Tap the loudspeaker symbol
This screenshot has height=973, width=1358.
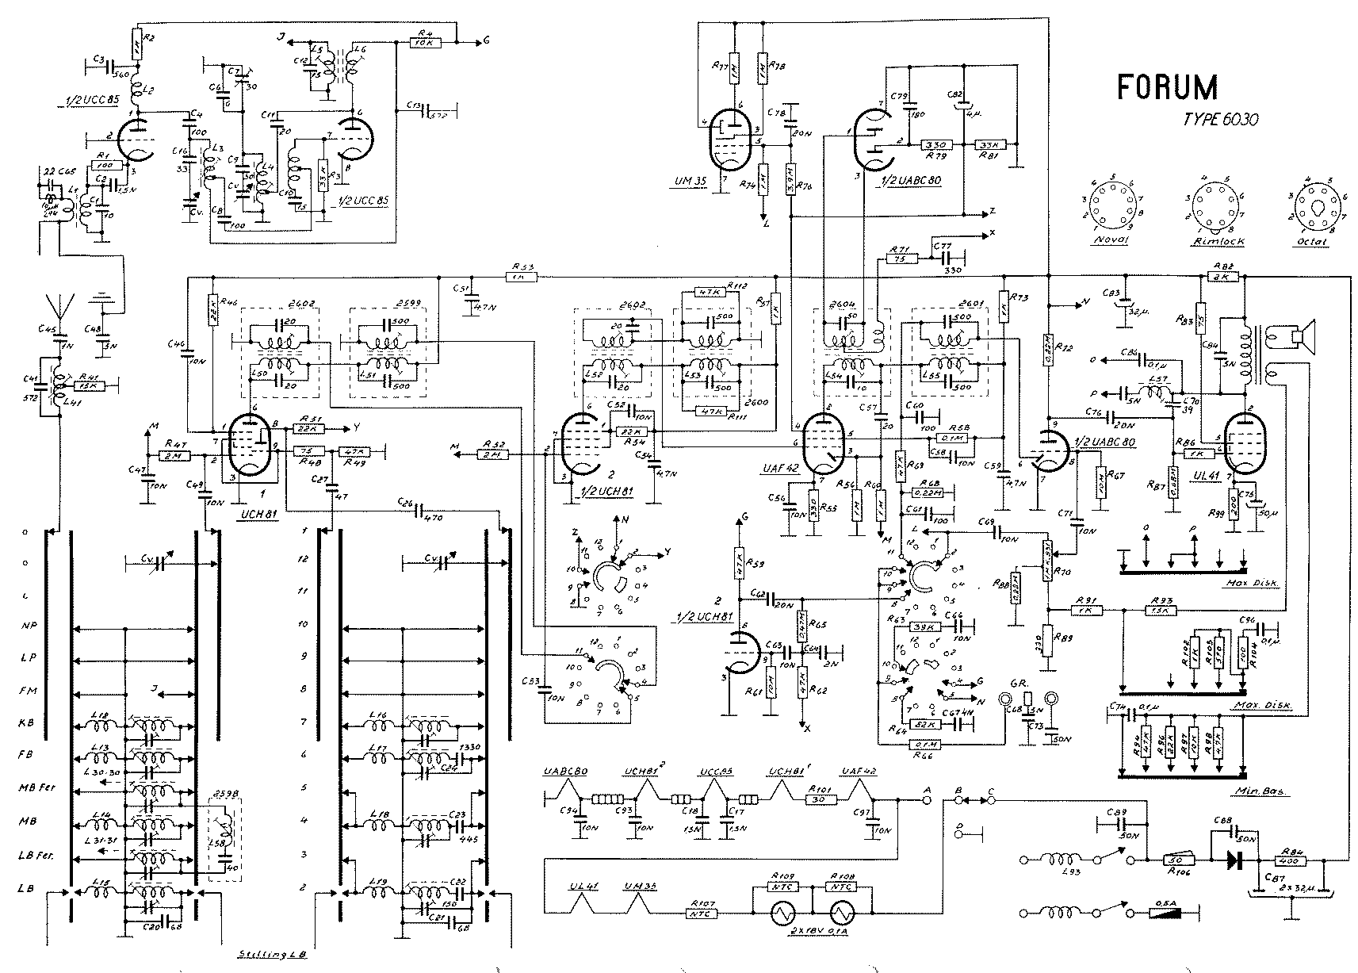1300,337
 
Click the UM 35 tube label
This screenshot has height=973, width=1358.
683,182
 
